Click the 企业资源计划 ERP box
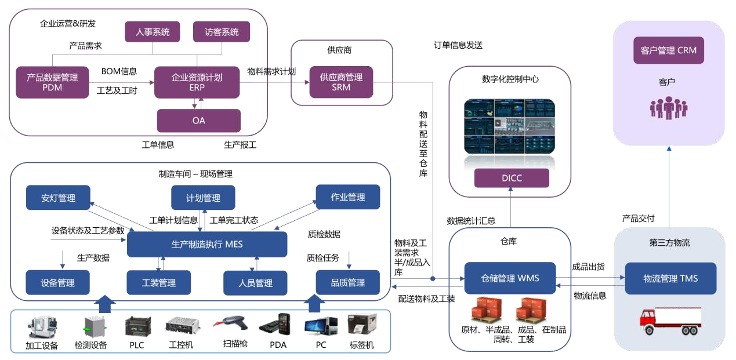tap(197, 82)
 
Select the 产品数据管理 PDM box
tap(52, 82)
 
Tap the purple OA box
tap(198, 121)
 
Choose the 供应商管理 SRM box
tap(341, 82)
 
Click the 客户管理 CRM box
tap(668, 50)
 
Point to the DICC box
tap(511, 178)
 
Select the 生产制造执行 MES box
tap(207, 244)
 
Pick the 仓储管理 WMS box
tap(509, 278)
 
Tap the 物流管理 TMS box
tap(670, 278)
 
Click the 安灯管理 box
tap(58, 198)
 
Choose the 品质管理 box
tap(347, 282)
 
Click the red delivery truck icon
tap(670, 321)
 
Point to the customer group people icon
tap(668, 108)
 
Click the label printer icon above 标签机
tap(362, 325)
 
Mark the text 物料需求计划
tap(271, 72)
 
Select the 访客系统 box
tap(221, 32)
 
